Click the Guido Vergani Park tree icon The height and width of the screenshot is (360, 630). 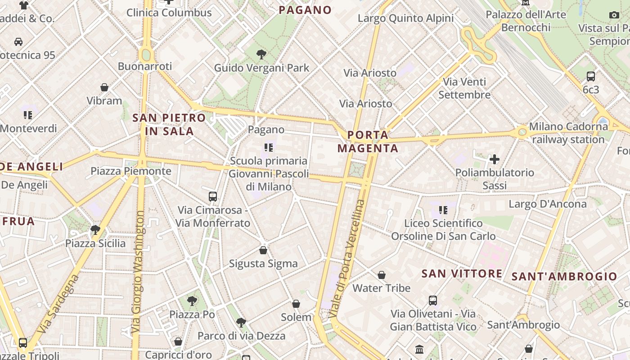point(261,55)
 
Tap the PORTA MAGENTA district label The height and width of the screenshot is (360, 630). point(368,141)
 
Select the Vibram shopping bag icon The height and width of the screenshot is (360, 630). point(104,87)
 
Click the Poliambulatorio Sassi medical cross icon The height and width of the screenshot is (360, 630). point(495,159)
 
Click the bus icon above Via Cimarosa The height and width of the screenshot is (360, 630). point(213,197)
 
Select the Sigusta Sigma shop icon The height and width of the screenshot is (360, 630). point(263,250)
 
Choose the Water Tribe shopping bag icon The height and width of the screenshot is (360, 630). point(382,275)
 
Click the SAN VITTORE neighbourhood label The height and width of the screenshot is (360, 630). point(462,274)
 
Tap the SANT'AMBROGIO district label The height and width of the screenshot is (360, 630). point(564,276)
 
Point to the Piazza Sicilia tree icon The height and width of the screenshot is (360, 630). point(95,230)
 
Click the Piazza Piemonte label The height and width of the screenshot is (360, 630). point(131,171)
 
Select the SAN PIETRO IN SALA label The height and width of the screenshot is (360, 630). point(169,125)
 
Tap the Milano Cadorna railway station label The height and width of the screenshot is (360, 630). point(568,133)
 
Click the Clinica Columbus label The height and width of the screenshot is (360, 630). point(169,13)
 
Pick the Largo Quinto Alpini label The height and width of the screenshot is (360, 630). point(405,18)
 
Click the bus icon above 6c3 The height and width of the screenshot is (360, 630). point(591,76)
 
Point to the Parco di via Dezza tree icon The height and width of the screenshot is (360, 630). point(241,322)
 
